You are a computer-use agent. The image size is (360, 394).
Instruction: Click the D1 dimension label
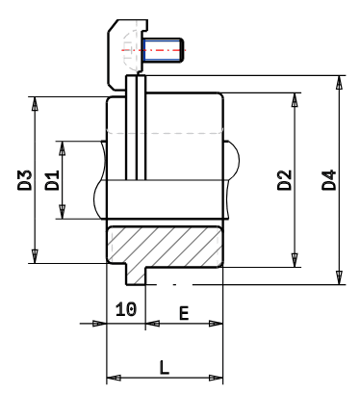pyautogui.click(x=53, y=179)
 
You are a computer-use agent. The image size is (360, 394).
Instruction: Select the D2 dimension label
pyautogui.click(x=284, y=179)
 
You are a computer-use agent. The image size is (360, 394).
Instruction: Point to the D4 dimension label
pyautogui.click(x=328, y=179)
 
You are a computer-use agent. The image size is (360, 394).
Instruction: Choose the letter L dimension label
pyautogui.click(x=164, y=366)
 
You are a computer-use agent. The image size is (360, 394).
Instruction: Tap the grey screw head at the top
pyautogui.click(x=123, y=43)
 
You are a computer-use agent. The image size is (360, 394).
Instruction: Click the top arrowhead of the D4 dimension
pyautogui.click(x=339, y=80)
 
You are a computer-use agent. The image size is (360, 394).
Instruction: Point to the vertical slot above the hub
pyautogui.click(x=136, y=125)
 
